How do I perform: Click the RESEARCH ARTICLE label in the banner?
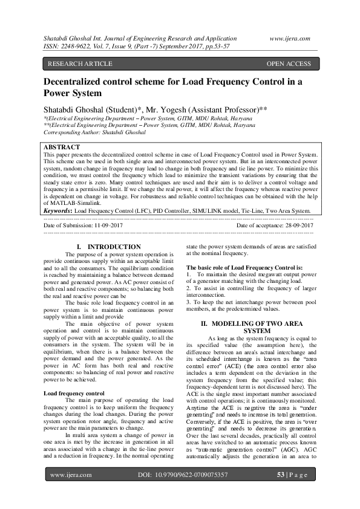click(x=80, y=64)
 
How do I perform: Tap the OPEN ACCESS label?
click(x=289, y=64)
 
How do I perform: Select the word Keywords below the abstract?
click(x=57, y=212)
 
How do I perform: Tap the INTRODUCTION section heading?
click(x=114, y=247)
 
